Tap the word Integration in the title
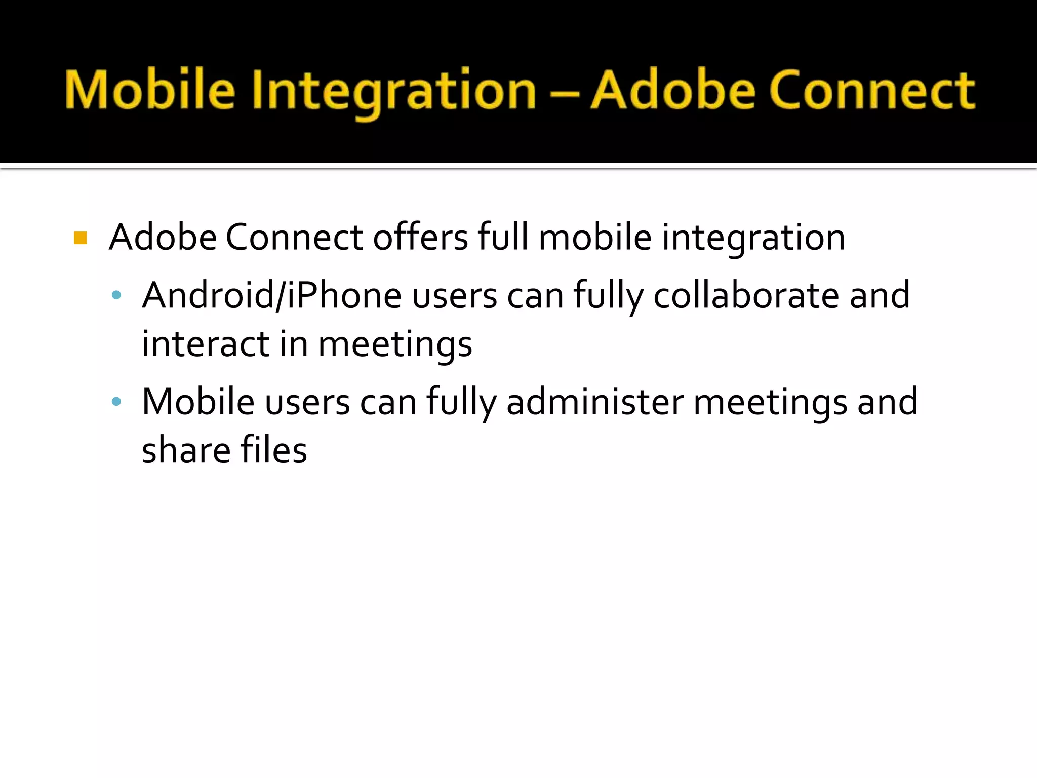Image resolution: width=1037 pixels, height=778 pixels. tap(394, 91)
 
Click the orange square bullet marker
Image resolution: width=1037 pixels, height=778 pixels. tap(81, 238)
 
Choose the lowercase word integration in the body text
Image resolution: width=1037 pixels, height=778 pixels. tap(753, 238)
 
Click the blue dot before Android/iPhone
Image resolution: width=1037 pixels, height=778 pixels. tap(116, 295)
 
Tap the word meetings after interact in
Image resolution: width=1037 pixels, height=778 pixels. tap(395, 345)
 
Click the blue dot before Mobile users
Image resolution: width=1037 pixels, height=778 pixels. tap(116, 402)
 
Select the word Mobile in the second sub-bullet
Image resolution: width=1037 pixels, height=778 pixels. tap(198, 402)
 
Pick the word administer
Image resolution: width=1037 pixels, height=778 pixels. tap(595, 402)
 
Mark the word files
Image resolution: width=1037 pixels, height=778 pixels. tap(273, 450)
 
